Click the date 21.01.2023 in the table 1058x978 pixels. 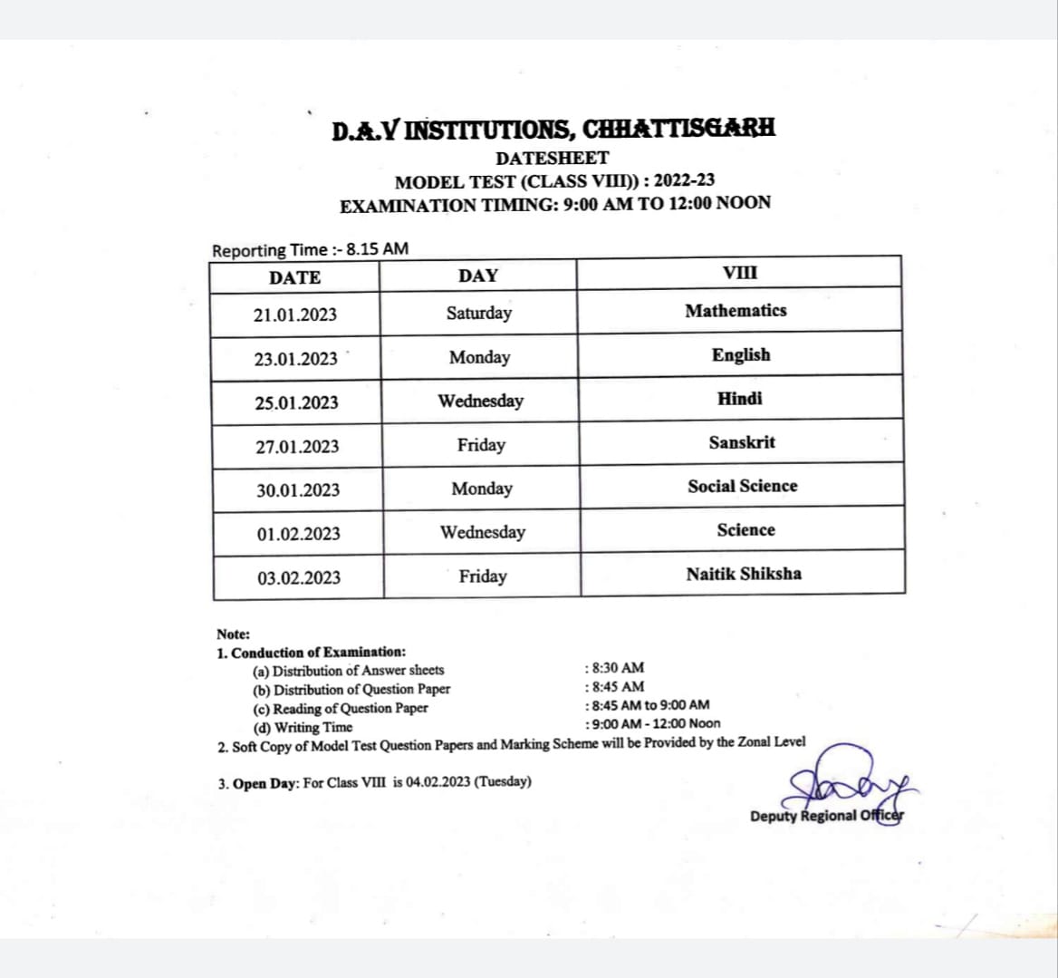[295, 315]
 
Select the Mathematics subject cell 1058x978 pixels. [736, 311]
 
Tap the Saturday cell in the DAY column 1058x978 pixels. [478, 314]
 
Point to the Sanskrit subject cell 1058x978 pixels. [742, 443]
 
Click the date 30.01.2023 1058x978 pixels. [298, 490]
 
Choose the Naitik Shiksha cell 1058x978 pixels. [744, 574]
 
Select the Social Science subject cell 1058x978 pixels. [743, 487]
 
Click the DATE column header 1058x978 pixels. [294, 277]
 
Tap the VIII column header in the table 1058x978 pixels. [740, 273]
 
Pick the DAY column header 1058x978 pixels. [477, 276]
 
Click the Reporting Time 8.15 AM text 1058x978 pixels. [310, 249]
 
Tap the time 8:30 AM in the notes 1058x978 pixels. [617, 668]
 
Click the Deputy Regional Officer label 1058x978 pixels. [826, 816]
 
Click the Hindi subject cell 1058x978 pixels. [740, 399]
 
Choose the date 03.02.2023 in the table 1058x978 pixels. [299, 578]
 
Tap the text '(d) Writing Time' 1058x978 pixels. [303, 727]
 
